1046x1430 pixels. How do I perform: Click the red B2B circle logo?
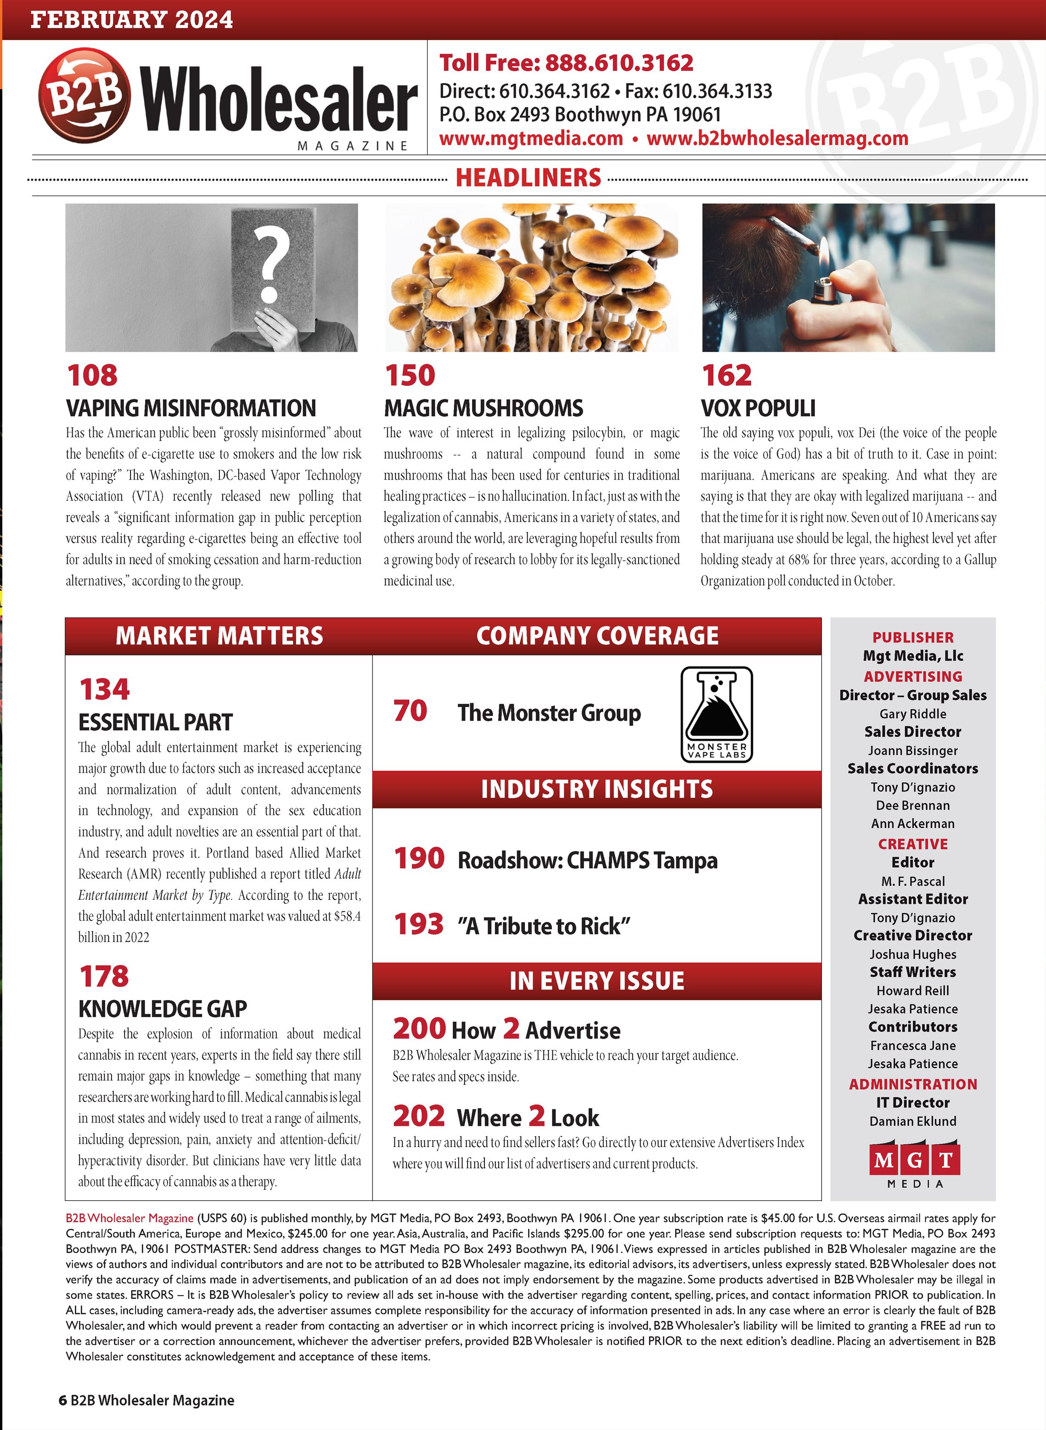[84, 96]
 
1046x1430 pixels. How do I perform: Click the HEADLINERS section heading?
[528, 177]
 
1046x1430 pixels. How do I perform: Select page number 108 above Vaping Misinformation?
[92, 375]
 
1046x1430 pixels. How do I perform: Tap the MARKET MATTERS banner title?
[219, 636]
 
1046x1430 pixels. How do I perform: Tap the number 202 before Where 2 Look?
[418, 1116]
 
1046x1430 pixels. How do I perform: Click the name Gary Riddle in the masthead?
[912, 714]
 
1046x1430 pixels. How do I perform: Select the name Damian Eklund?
[912, 1121]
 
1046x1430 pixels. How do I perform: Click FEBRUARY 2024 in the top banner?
[132, 20]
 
